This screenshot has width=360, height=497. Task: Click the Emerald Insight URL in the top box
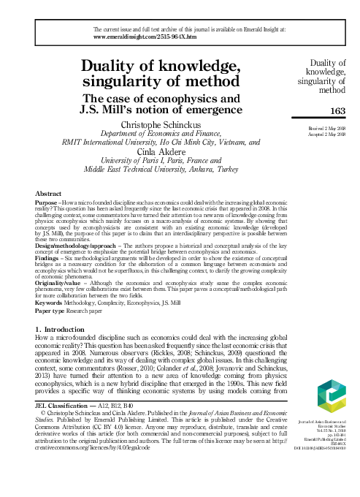tap(142, 35)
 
